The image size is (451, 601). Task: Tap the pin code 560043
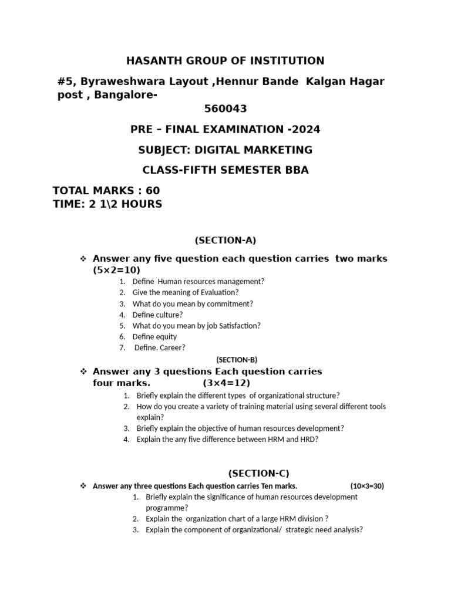[225, 109]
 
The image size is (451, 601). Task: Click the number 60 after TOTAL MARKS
[153, 191]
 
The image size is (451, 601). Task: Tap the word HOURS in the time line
[140, 204]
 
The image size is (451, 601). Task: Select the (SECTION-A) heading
[225, 239]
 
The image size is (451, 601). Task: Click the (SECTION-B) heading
[237, 360]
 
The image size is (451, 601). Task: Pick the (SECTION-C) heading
[258, 473]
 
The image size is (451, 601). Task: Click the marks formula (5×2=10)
[116, 270]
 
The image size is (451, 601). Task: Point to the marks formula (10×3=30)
[367, 486]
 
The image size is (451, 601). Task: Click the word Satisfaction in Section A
[237, 325]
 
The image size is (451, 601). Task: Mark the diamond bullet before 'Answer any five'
[83, 259]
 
